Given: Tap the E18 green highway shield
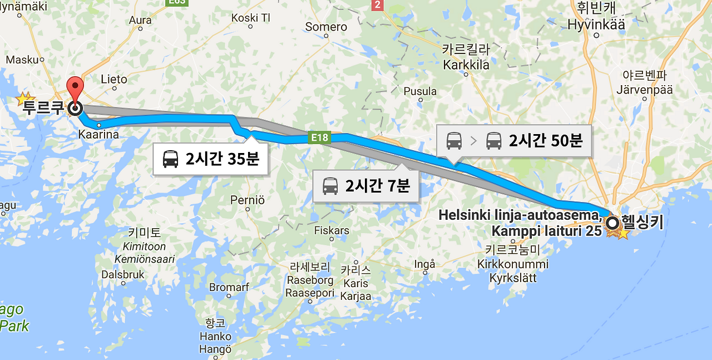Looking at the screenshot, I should point(319,137).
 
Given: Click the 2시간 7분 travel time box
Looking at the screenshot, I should point(366,185).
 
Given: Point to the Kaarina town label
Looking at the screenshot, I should point(98,134).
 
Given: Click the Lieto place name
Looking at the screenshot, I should point(114,80).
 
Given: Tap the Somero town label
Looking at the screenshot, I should point(326,27).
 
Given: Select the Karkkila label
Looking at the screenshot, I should point(466,65).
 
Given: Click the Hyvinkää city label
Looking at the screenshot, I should point(596,24).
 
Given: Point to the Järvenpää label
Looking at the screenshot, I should point(644,90).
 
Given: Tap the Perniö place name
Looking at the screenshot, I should point(248,199).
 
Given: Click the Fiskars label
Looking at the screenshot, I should point(332,230).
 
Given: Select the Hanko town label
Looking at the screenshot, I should point(216,337).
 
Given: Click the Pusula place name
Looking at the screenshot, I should point(420,91).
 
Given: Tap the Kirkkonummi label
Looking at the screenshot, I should point(512,264).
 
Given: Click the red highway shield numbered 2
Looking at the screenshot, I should point(378,5).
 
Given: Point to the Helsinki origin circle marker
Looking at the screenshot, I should point(612,224).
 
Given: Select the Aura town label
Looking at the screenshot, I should point(140,21).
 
